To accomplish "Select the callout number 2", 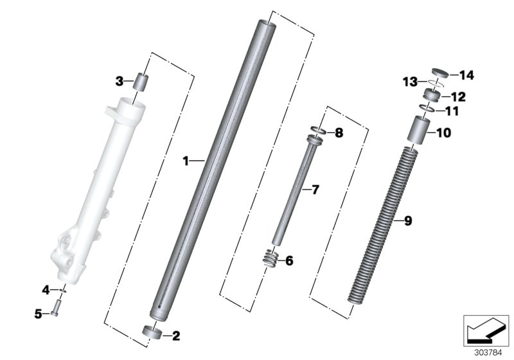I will (176, 335).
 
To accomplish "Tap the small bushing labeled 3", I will (141, 83).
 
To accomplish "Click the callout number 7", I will (314, 190).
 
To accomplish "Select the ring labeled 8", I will (319, 132).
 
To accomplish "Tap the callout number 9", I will (407, 221).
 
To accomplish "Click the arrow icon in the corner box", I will (484, 331).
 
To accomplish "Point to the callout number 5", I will (39, 314).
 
